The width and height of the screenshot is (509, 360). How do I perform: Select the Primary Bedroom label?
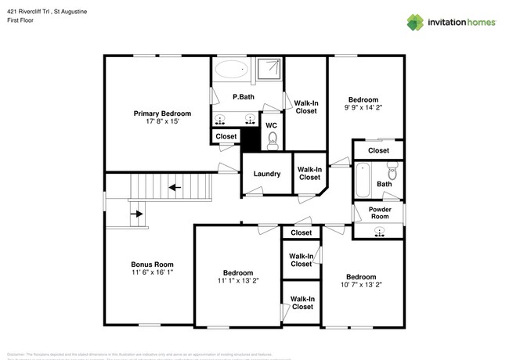pyautogui.click(x=162, y=113)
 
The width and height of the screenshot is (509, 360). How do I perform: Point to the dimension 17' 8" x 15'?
pyautogui.click(x=162, y=122)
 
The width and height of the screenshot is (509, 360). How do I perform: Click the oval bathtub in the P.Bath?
pyautogui.click(x=231, y=70)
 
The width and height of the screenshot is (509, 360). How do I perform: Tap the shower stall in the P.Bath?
pyautogui.click(x=269, y=69)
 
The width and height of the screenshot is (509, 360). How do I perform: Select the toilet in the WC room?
pyautogui.click(x=272, y=140)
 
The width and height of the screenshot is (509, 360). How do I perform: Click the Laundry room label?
pyautogui.click(x=266, y=173)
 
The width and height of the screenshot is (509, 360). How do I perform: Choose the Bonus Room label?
pyautogui.click(x=152, y=264)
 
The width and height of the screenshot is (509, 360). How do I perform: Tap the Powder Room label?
pyautogui.click(x=378, y=212)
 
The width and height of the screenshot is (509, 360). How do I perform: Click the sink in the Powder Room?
pyautogui.click(x=380, y=231)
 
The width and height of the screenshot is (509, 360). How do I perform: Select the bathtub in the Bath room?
pyautogui.click(x=363, y=181)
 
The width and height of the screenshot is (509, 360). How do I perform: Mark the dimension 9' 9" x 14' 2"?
pyautogui.click(x=363, y=109)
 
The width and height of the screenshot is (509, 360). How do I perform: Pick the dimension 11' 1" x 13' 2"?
pyautogui.click(x=237, y=281)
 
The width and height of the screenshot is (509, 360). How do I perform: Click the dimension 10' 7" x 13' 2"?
pyautogui.click(x=361, y=286)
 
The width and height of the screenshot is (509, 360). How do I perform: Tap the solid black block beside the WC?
pyautogui.click(x=249, y=139)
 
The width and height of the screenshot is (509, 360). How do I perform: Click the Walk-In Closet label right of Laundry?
pyautogui.click(x=309, y=173)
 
